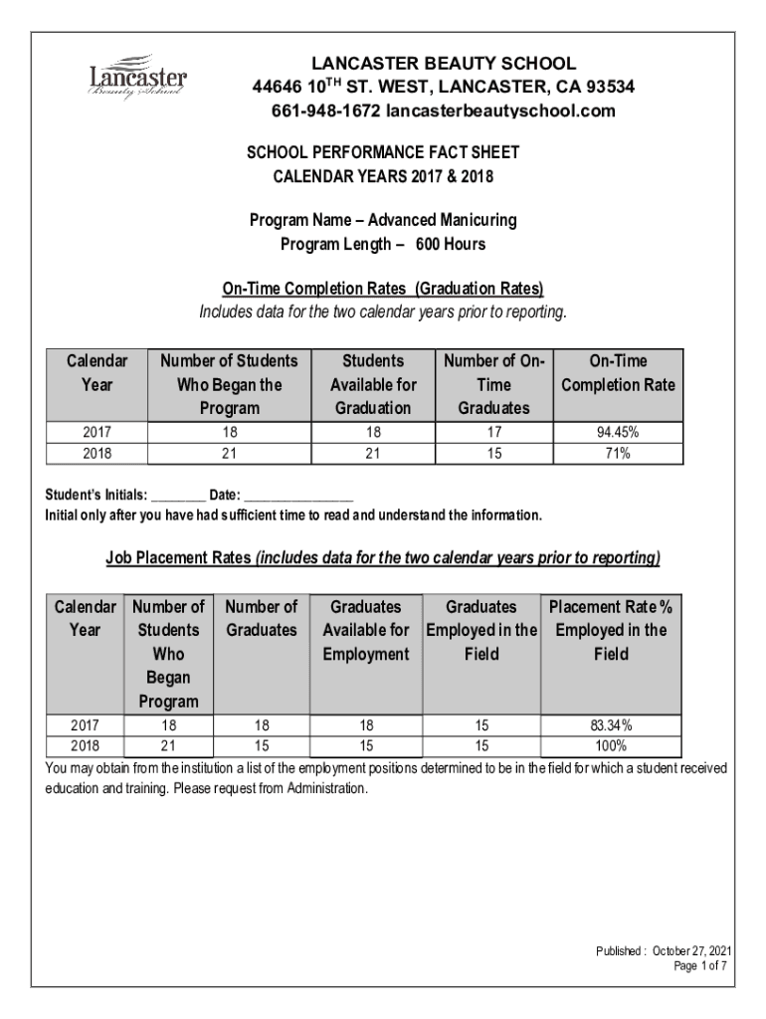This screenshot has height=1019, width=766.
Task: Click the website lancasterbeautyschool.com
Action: tap(500, 110)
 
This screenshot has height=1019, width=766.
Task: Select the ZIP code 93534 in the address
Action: tap(607, 88)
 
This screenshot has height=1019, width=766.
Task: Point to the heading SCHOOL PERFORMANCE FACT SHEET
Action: tap(383, 153)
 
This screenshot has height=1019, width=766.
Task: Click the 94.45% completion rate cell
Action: tap(618, 433)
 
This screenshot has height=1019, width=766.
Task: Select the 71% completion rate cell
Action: tap(618, 453)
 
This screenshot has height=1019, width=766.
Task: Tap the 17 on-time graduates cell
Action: tap(493, 433)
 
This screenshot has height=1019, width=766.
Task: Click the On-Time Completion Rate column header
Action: tap(618, 373)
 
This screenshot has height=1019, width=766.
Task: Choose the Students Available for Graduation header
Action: tap(373, 384)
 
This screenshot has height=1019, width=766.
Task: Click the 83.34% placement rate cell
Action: tap(612, 726)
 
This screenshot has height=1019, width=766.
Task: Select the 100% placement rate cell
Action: tap(612, 745)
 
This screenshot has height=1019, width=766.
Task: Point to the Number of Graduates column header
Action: tap(262, 618)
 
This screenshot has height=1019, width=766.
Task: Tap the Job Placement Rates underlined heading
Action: tap(383, 558)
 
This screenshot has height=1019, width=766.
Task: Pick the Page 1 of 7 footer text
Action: tap(701, 966)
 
